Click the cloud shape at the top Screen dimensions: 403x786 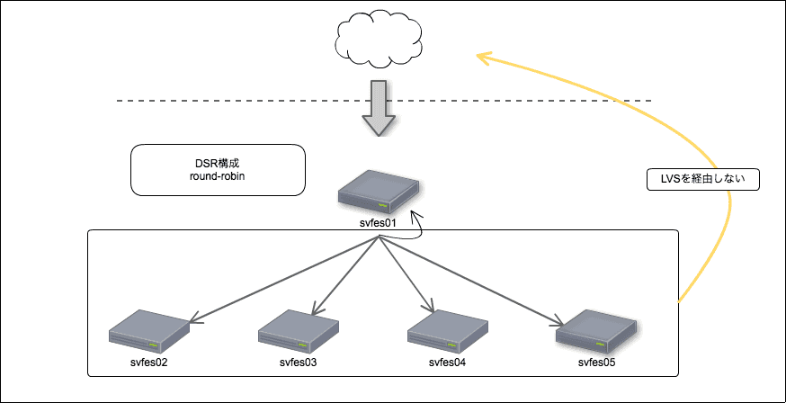pos(378,40)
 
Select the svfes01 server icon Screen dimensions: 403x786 pos(379,191)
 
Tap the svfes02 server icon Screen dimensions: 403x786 pos(149,331)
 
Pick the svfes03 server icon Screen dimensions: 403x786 pos(298,331)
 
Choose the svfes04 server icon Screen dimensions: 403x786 pos(447,331)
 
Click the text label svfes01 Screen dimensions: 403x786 pos(379,221)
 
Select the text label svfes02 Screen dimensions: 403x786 pos(149,363)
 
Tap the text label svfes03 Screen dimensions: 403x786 pos(298,363)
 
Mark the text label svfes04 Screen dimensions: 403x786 pos(447,363)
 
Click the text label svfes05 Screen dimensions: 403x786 pos(596,363)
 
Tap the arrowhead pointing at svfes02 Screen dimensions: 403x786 pos(191,318)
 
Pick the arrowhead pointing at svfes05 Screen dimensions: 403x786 pos(561,320)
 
